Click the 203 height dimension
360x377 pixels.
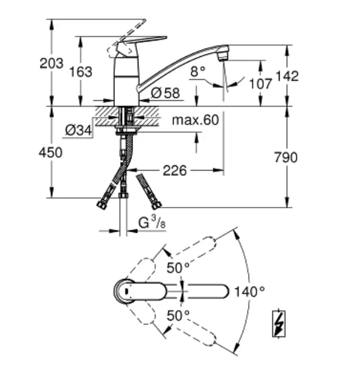pyautogui.click(x=52, y=63)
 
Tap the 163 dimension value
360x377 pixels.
pyautogui.click(x=81, y=72)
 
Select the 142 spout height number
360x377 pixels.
pyautogui.click(x=287, y=76)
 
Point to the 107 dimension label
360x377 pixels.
pyautogui.click(x=260, y=84)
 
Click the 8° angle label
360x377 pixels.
pyautogui.click(x=198, y=71)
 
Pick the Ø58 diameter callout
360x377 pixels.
pyautogui.click(x=165, y=93)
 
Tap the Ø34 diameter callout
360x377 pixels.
pyautogui.click(x=79, y=130)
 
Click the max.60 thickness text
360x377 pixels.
pyautogui.click(x=195, y=120)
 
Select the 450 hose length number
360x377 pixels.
pyautogui.click(x=50, y=152)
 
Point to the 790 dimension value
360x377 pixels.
pyautogui.click(x=286, y=158)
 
